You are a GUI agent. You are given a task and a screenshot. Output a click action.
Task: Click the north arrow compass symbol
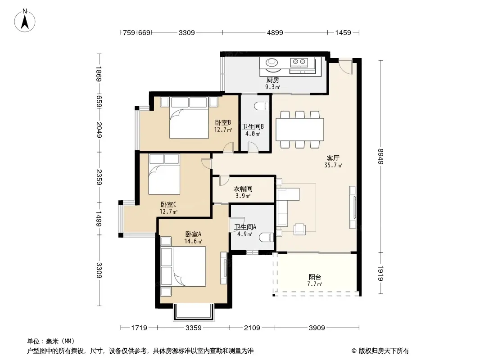click(25, 21)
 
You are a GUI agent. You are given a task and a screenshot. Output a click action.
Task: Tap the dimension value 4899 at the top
click(275, 32)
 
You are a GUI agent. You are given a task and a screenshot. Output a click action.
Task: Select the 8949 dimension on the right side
click(380, 156)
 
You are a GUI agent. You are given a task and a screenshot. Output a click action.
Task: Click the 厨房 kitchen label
click(272, 80)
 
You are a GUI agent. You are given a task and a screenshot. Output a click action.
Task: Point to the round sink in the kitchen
click(272, 63)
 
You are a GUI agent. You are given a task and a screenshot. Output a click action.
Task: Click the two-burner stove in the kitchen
click(299, 62)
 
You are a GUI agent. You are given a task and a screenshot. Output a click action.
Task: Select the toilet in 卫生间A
click(266, 237)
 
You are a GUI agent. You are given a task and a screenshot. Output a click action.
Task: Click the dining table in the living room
click(300, 130)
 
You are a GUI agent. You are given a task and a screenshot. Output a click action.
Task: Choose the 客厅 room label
click(333, 158)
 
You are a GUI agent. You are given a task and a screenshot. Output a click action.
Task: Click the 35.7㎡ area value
click(333, 165)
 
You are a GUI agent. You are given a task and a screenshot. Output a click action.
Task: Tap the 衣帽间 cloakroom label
click(243, 189)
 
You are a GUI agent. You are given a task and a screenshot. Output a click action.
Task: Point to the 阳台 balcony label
click(315, 277)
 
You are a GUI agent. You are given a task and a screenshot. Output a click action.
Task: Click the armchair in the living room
click(299, 229)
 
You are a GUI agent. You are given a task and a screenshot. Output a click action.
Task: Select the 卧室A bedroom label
click(193, 234)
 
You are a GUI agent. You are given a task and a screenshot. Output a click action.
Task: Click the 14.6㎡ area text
click(193, 241)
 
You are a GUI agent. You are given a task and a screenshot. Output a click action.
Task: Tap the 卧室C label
click(168, 204)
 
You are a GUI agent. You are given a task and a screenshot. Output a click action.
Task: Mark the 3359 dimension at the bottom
click(194, 328)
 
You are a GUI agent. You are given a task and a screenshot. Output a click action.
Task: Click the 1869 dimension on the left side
click(98, 74)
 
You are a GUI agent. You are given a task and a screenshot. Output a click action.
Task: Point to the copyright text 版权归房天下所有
click(384, 351)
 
